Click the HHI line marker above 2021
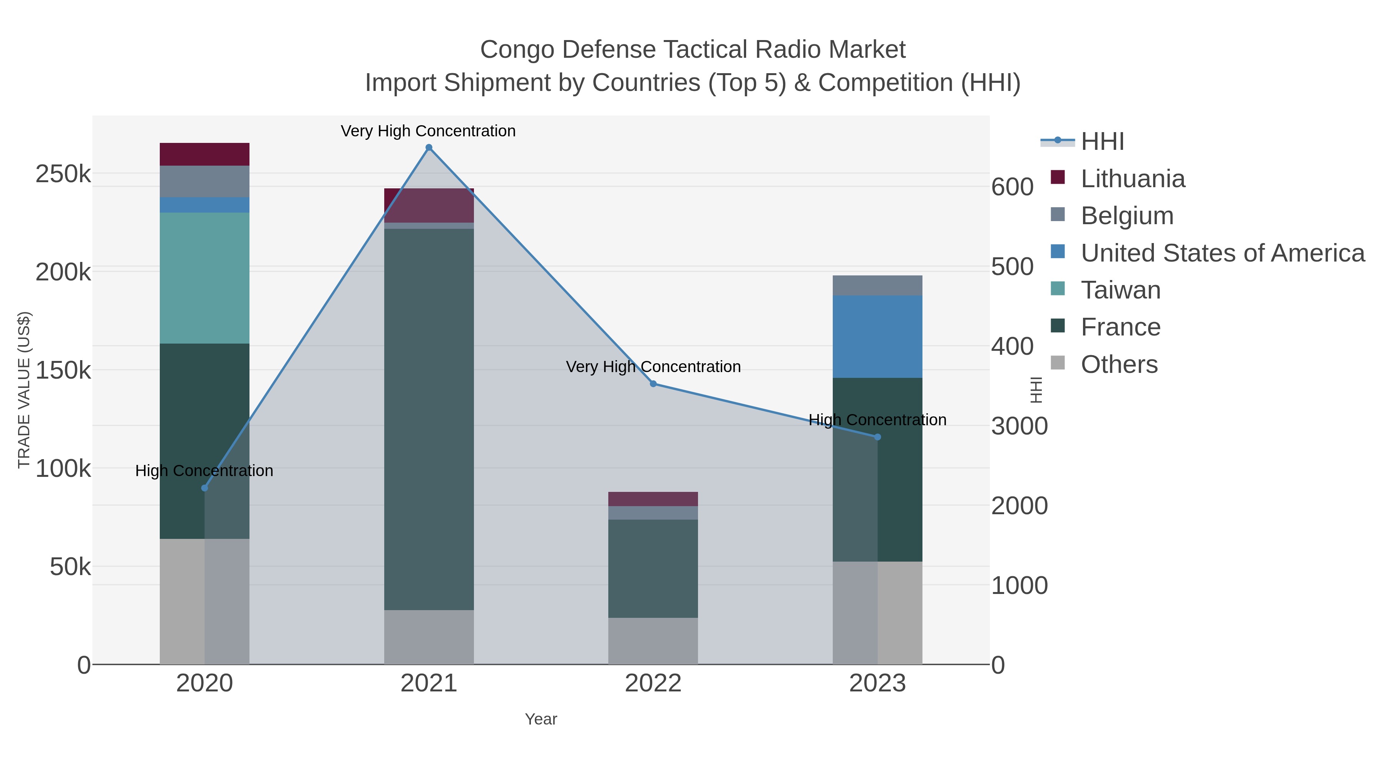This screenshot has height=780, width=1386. [429, 148]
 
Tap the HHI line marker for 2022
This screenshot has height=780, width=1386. [653, 384]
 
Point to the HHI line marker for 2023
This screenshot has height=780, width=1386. [877, 437]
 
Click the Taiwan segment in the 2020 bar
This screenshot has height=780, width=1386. [204, 278]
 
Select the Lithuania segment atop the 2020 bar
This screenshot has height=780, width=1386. [204, 154]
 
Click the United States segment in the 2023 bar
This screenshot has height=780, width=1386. [877, 336]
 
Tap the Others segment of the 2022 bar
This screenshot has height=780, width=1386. [653, 641]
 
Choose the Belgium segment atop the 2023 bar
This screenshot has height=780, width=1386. [877, 285]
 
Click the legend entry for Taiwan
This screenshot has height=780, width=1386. [1120, 290]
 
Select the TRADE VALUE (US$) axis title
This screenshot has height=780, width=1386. [24, 390]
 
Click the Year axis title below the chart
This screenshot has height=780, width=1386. [541, 719]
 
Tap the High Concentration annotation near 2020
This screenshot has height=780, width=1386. [204, 471]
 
